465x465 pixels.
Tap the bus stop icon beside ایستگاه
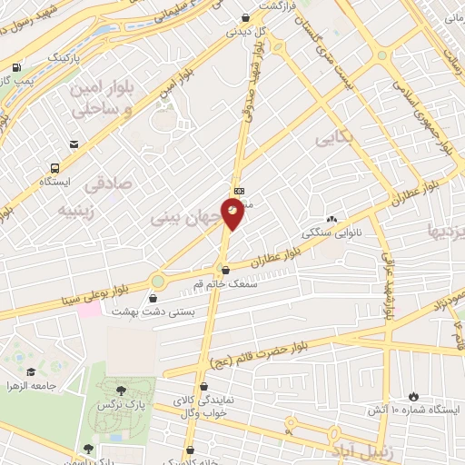click(x=56, y=168)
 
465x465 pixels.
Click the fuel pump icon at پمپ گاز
click(x=17, y=67)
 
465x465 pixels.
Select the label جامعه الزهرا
click(x=31, y=386)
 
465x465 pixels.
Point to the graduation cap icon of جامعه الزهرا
click(x=32, y=372)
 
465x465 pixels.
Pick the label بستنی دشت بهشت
click(x=146, y=311)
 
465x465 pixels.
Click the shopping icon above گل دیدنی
click(x=246, y=17)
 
